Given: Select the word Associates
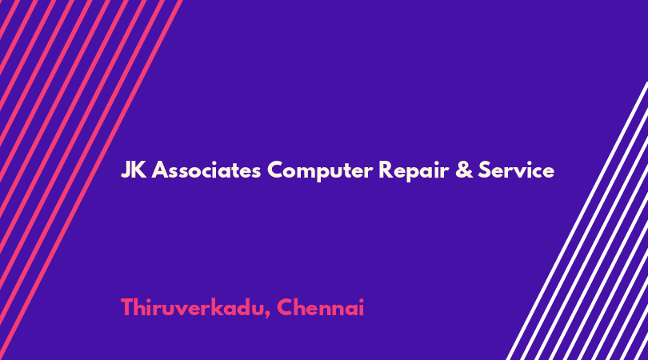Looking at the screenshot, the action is point(206,170).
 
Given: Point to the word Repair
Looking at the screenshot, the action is point(414,171).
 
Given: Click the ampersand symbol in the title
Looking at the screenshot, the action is point(464,170).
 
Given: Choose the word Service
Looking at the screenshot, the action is point(516,170).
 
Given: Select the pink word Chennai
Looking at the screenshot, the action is point(320,307).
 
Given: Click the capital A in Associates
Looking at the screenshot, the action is point(160,170).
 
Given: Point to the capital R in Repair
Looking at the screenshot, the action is point(386,170).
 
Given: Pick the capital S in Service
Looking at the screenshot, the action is point(484,170).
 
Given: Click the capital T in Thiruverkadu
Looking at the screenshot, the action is point(127,308).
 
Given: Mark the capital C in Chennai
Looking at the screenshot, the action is point(285,308).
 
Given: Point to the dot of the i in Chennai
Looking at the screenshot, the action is point(361,300).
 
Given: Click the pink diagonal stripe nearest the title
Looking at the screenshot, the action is point(91,180).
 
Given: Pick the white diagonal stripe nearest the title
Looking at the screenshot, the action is point(577,221).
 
